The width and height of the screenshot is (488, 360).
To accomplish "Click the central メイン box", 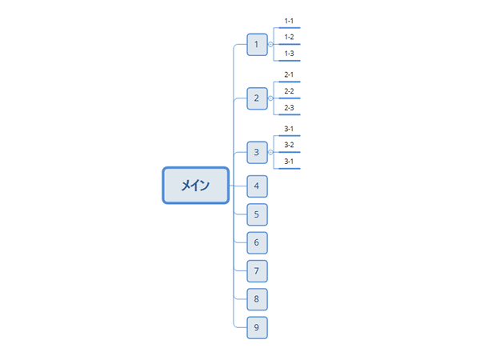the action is [195, 186].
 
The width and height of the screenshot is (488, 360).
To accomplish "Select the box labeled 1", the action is [257, 45].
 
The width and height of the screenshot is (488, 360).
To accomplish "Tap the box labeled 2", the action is [257, 98].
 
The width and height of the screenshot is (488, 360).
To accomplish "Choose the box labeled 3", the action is [257, 153].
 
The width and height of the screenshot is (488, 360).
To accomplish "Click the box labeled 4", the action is [257, 186].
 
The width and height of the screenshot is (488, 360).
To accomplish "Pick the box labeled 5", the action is [257, 214].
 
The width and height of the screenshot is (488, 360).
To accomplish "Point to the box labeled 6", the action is [257, 242].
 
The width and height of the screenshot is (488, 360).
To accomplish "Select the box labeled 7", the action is [257, 271].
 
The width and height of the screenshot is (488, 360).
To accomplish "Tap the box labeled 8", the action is [257, 299].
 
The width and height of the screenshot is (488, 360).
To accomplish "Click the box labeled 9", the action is [257, 328].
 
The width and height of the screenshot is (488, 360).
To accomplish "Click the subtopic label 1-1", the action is [289, 21].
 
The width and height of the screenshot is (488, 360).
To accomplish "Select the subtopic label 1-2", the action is [289, 37].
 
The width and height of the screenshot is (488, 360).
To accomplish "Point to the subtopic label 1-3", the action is [289, 54].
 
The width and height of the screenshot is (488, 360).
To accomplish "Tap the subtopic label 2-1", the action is [289, 74].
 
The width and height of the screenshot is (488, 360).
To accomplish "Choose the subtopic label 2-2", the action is [289, 91].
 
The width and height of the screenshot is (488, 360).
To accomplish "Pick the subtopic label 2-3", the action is [289, 108].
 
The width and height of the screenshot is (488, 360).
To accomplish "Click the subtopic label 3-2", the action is [289, 145].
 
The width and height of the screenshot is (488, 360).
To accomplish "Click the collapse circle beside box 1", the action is [270, 45].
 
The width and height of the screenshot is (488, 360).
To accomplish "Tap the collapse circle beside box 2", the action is [270, 98].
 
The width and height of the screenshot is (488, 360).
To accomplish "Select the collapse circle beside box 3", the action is [270, 152].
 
